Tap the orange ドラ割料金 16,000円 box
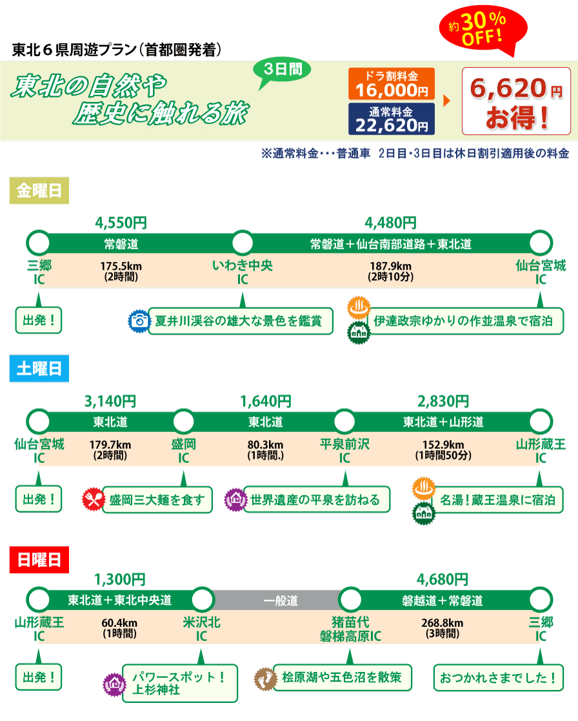392,84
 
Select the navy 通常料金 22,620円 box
392,119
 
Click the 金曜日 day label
39,192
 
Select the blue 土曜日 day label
39,369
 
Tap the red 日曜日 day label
39,559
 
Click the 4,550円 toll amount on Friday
121,223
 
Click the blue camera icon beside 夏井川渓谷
138,321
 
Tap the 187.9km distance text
391,266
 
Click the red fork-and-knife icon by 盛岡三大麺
93,499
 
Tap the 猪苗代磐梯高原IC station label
350,629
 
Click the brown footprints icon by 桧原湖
264,677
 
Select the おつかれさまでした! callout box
498,677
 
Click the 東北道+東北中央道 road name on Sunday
120,600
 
